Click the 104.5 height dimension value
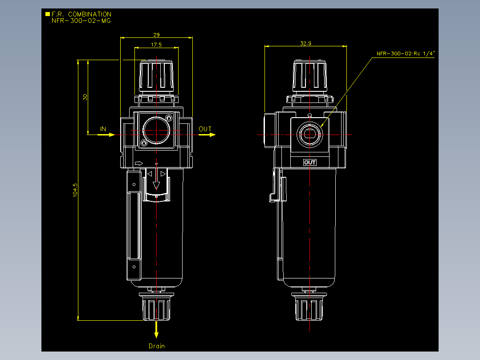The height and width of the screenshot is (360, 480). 75,190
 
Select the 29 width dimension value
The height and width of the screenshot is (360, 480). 156,35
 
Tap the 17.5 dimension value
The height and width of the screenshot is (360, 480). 156,45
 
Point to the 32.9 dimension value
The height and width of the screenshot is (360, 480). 305,44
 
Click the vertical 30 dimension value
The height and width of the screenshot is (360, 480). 85,97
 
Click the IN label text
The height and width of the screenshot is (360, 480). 103,129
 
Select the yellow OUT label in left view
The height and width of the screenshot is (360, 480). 205,129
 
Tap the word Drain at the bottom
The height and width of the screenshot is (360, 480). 157,346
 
